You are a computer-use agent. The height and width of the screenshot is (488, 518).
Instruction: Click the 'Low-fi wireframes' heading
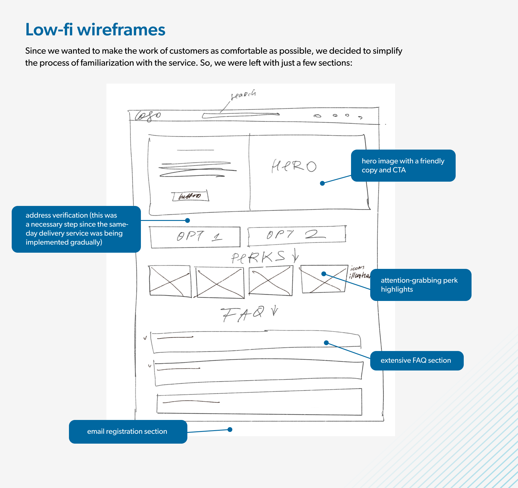click(95, 30)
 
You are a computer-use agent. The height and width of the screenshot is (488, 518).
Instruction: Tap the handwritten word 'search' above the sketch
click(243, 94)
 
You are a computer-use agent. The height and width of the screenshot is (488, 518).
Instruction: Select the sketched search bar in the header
click(240, 115)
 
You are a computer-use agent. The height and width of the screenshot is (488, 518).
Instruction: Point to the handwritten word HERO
click(294, 166)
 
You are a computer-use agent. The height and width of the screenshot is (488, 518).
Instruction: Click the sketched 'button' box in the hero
click(190, 196)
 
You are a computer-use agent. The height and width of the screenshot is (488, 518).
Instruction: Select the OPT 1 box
click(195, 237)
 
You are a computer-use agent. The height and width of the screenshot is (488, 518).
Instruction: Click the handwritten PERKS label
click(258, 257)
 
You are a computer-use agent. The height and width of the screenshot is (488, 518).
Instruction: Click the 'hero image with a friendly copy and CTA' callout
click(403, 165)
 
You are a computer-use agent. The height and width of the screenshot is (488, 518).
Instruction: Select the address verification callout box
click(76, 229)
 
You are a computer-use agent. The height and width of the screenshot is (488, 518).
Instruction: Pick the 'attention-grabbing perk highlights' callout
click(421, 285)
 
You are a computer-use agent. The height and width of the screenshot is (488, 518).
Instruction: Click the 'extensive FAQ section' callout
click(417, 361)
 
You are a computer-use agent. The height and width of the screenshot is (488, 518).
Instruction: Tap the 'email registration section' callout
click(128, 432)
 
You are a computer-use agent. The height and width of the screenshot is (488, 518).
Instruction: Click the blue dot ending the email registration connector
click(230, 430)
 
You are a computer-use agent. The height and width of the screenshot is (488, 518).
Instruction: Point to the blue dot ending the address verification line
click(188, 221)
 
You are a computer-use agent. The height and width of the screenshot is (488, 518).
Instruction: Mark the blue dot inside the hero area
click(322, 183)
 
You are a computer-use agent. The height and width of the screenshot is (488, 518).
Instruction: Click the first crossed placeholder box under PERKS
click(170, 281)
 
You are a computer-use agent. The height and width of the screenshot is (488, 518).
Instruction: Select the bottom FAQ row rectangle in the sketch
click(259, 402)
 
